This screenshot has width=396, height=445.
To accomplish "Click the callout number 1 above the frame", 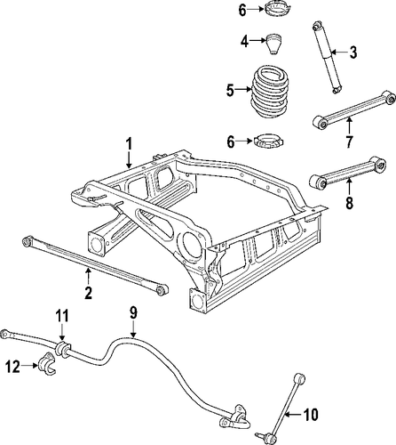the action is (129, 145).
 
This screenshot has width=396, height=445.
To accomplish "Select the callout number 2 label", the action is (88, 293).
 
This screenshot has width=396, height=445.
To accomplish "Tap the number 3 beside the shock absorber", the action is (353, 53).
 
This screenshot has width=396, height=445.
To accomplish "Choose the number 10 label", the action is (311, 414).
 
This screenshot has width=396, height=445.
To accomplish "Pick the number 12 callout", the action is (12, 367).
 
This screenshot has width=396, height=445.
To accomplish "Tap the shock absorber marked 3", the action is (327, 57).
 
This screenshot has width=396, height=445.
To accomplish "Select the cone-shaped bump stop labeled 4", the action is (273, 44).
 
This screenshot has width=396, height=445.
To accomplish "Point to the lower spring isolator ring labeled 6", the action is (269, 141).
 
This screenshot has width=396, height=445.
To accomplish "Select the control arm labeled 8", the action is (347, 172).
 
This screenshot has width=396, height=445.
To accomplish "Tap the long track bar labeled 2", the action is (95, 265).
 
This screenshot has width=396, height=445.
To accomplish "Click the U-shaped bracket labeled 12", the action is (47, 364).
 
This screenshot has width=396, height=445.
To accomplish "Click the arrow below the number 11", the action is (62, 332).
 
